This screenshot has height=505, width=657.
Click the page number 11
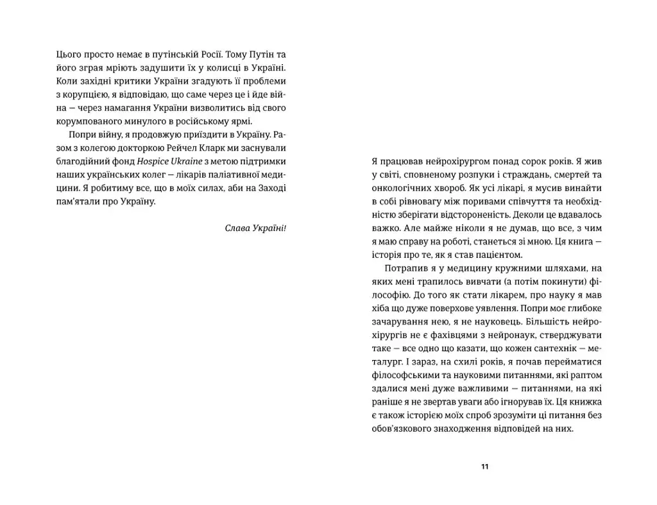484,466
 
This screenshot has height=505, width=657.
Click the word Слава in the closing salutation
237,228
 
